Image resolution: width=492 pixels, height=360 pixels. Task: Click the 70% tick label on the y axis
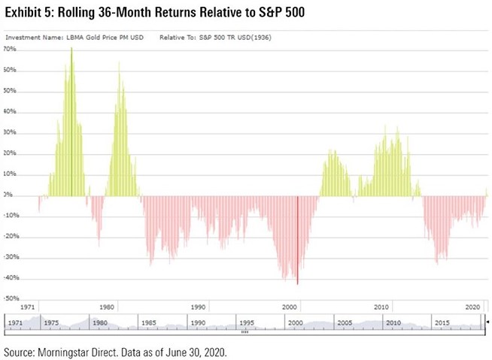tap(11, 49)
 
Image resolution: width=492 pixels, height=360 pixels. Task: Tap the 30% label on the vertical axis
tap(11, 133)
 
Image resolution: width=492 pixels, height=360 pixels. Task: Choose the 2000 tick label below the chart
tap(290, 307)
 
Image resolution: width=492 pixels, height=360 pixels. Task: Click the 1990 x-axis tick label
tap(198, 307)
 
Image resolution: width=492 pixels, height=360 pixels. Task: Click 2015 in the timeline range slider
tap(442, 322)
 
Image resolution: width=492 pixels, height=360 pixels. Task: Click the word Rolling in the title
tap(82, 13)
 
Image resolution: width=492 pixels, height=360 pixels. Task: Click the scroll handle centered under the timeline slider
tap(244, 331)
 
